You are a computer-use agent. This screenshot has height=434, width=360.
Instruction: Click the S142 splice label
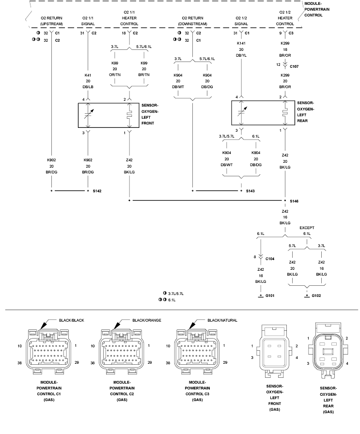[97, 191]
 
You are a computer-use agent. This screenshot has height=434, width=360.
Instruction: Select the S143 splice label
[250, 191]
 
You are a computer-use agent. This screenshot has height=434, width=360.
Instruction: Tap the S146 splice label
[294, 200]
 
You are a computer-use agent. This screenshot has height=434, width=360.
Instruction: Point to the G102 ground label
[316, 295]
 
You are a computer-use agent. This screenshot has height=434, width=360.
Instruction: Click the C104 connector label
[270, 259]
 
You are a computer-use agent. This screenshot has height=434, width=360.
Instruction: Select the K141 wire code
[241, 44]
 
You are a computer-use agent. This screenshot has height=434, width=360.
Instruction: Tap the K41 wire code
[88, 75]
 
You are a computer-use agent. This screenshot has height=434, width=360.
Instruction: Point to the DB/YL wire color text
[241, 55]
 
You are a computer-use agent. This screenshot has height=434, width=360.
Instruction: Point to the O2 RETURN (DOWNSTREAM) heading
[192, 20]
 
